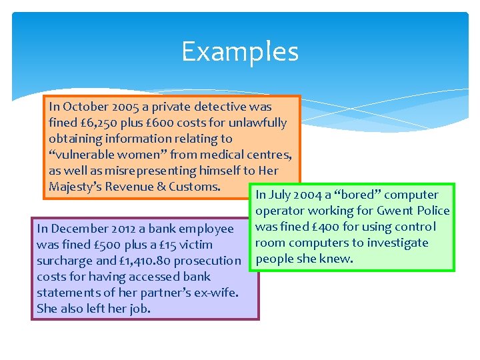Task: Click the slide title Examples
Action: tap(239, 51)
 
